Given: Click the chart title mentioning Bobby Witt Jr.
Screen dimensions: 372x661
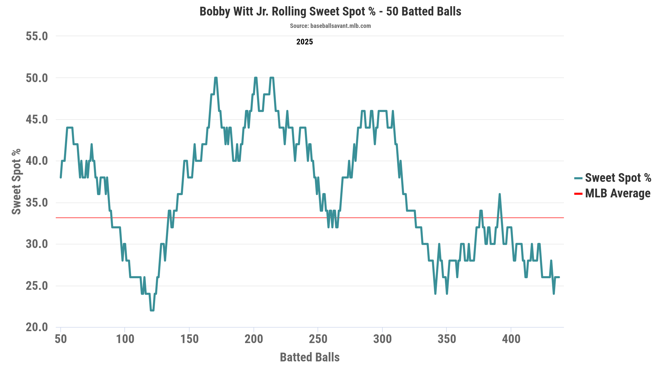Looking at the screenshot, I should [330, 12].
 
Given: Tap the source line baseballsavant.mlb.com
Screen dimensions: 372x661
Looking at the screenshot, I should [330, 26].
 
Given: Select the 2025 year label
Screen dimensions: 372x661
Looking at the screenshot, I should [304, 42].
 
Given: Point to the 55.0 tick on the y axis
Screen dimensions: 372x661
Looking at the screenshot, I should [37, 36].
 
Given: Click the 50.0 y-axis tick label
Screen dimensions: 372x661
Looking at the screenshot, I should [37, 78].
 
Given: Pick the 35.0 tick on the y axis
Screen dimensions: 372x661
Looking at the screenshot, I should [37, 203].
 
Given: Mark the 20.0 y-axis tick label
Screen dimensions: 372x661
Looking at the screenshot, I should [37, 327].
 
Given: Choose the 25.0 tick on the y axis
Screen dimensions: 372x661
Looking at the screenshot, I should [37, 286].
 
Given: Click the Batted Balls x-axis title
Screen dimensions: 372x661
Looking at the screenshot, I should [310, 357].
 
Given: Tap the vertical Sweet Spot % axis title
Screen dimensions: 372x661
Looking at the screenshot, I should [16, 182].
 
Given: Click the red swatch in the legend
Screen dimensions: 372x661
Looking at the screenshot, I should [578, 194].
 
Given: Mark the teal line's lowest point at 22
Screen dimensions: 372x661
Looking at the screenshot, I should [152, 310].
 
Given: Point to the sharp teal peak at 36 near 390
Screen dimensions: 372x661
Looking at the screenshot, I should [500, 194].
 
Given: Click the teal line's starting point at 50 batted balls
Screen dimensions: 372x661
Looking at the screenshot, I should [61, 177].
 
